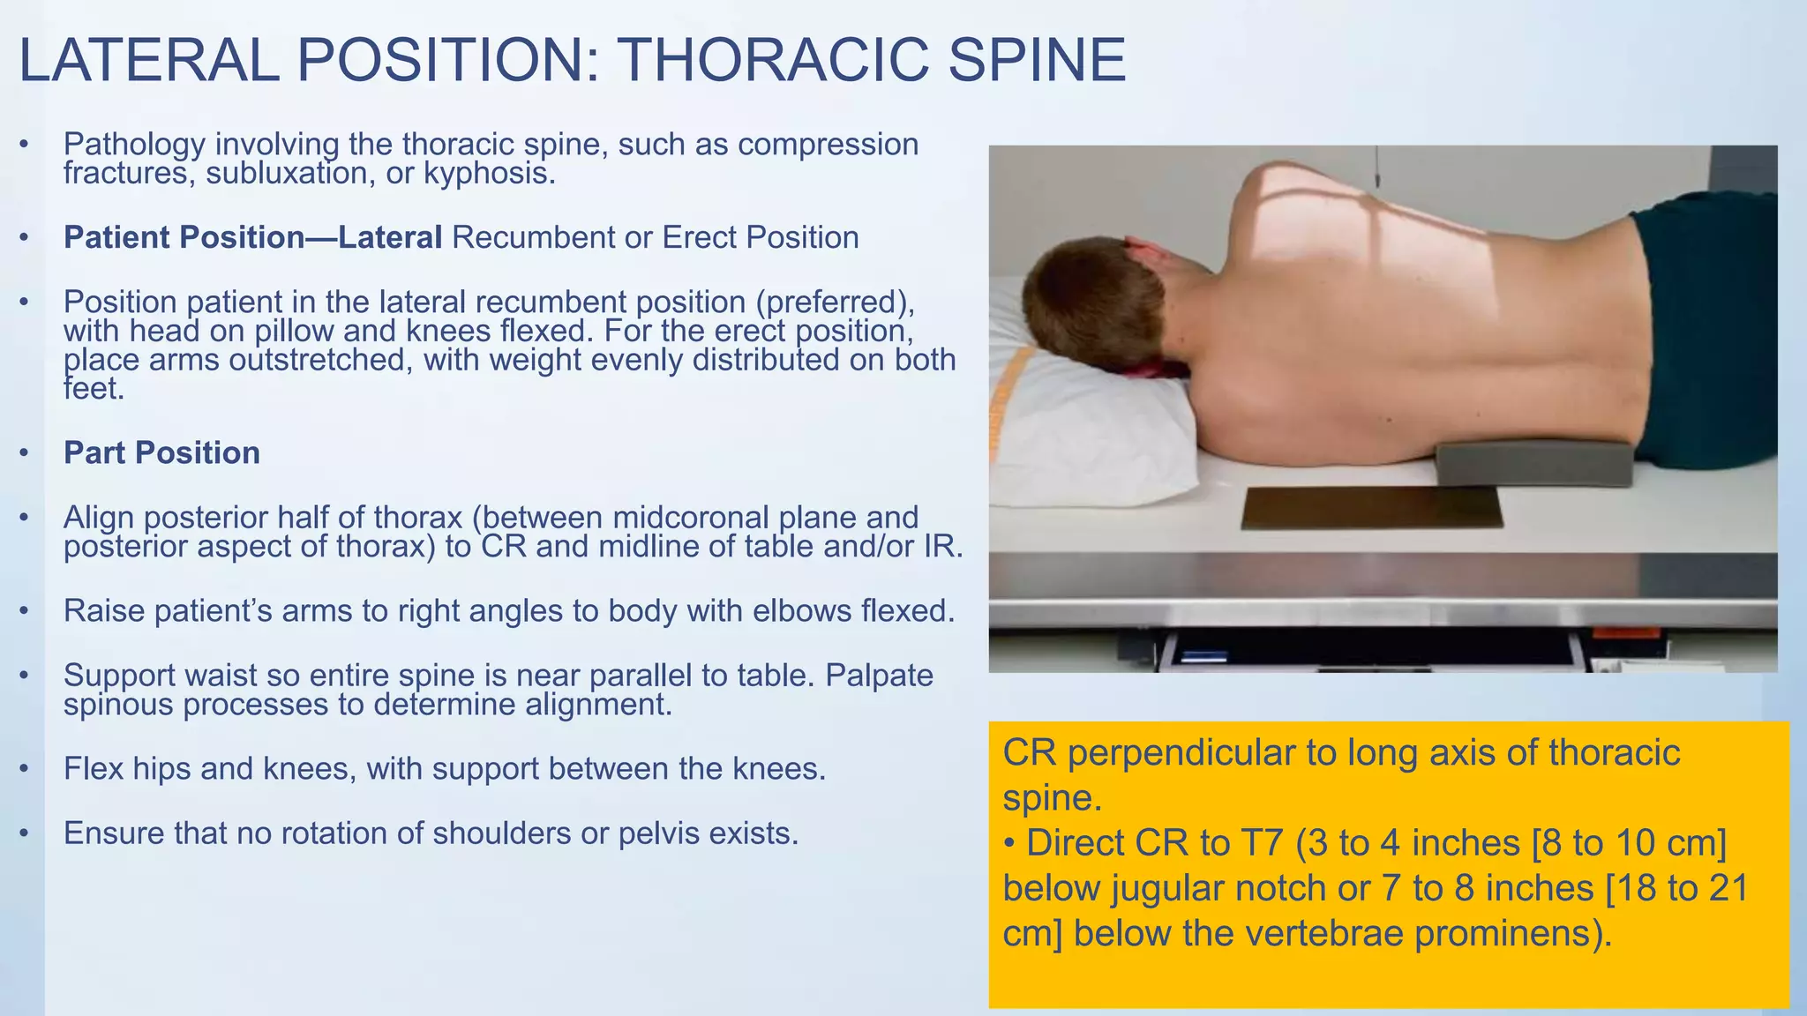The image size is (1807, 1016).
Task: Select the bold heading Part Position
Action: click(161, 452)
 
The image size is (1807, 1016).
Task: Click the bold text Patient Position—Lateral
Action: click(252, 237)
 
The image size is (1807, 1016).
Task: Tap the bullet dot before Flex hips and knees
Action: click(25, 769)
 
